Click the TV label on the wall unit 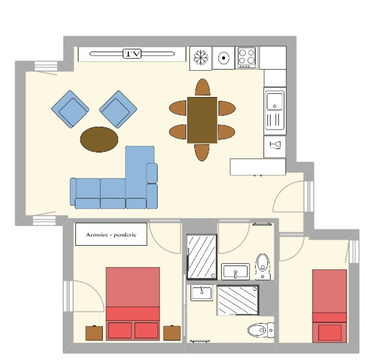coord(132,54)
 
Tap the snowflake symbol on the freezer coord(200,57)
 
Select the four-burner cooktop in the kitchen coord(247,57)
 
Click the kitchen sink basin coord(275,101)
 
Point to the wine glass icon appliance coord(275,147)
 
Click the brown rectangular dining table coord(202,120)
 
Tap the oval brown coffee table coord(99,140)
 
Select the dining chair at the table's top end coord(202,87)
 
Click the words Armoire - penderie coord(111,234)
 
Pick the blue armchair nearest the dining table coord(118,109)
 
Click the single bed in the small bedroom coord(330,306)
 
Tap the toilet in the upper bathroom coord(263,267)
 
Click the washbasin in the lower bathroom coord(201,293)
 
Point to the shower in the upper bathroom coord(202,257)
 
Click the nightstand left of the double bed coord(94,333)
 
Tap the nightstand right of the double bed coord(172,333)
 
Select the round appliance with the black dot coord(223,58)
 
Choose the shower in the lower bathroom coord(238,300)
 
